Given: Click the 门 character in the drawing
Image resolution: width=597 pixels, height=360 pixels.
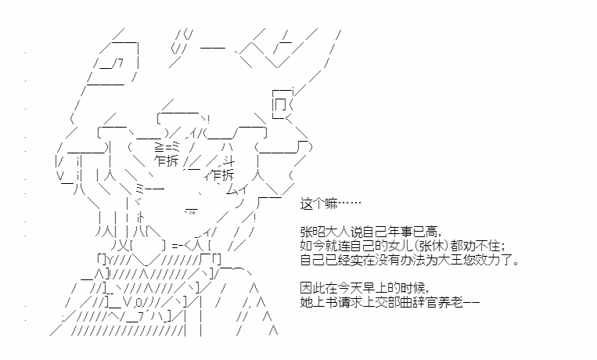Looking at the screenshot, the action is [x=280, y=104].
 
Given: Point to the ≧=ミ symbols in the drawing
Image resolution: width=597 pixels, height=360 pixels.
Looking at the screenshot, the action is [x=167, y=146].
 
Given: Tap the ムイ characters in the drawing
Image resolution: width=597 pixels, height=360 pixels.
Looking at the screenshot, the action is [x=237, y=189].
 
